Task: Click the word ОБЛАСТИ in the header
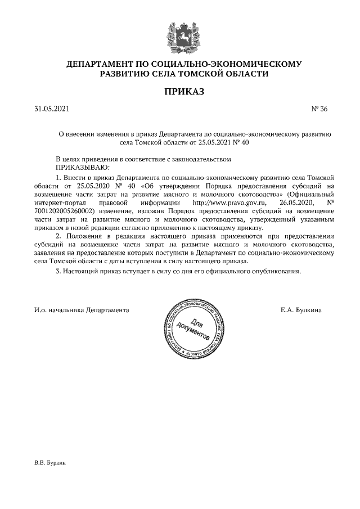pos(244,74)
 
